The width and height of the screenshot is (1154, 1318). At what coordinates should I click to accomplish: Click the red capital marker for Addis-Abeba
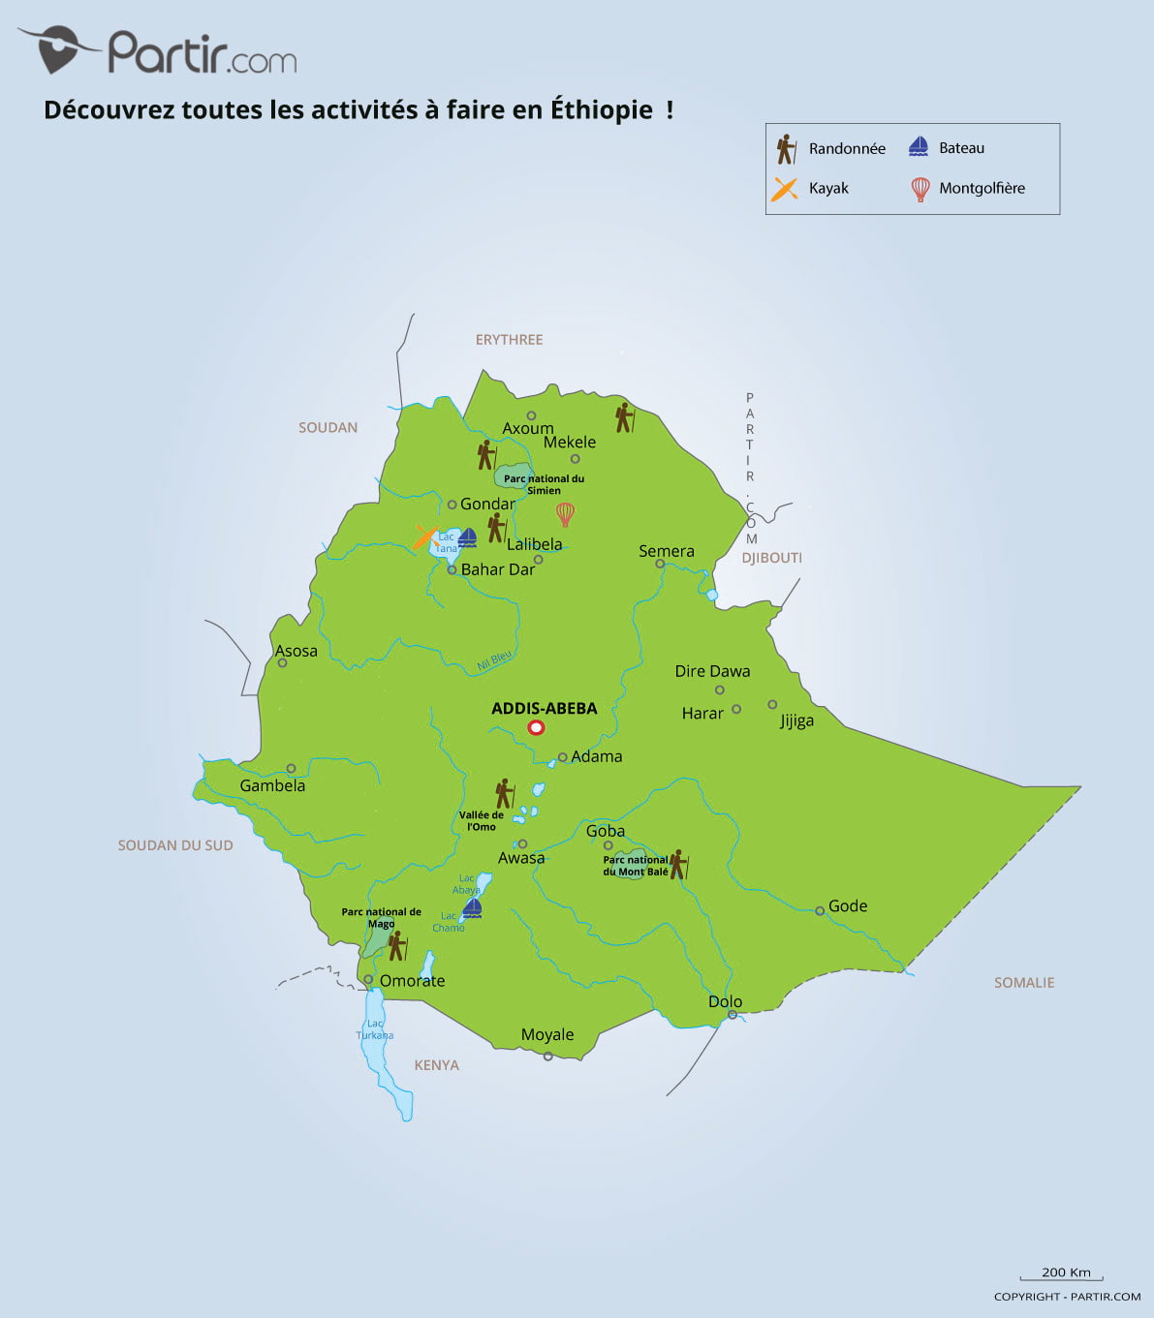[x=536, y=728]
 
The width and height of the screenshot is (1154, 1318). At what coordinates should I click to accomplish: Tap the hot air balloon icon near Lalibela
[x=565, y=514]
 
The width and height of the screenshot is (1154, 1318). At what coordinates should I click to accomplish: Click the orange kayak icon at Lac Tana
[x=424, y=537]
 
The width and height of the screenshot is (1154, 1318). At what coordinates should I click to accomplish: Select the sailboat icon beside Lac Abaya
[x=472, y=907]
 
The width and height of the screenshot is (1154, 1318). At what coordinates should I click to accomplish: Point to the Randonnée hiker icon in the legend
[x=786, y=149]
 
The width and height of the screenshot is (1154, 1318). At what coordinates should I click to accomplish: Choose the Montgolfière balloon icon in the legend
[x=920, y=189]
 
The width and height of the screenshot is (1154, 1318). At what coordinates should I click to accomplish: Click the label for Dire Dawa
[x=712, y=671]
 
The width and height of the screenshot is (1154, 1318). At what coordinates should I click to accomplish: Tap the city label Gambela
[x=272, y=785]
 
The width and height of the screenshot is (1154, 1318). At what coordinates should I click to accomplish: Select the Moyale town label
[x=547, y=1034]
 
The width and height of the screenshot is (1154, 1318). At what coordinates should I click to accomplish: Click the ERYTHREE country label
[x=509, y=340]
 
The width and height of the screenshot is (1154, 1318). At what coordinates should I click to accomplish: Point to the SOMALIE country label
[x=1023, y=982]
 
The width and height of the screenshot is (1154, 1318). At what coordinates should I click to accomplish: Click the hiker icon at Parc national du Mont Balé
[x=678, y=864]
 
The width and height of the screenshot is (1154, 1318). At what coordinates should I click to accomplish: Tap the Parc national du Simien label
[x=544, y=484]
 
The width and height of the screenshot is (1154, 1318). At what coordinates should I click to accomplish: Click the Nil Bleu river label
[x=494, y=661]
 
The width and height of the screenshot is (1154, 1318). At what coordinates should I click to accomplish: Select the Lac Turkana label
[x=375, y=1029]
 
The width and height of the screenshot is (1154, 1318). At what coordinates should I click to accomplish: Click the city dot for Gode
[x=820, y=910]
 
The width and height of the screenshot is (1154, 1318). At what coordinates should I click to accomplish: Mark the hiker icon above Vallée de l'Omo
[x=503, y=793]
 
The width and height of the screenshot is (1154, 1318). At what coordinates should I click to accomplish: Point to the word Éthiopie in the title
[x=602, y=109]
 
